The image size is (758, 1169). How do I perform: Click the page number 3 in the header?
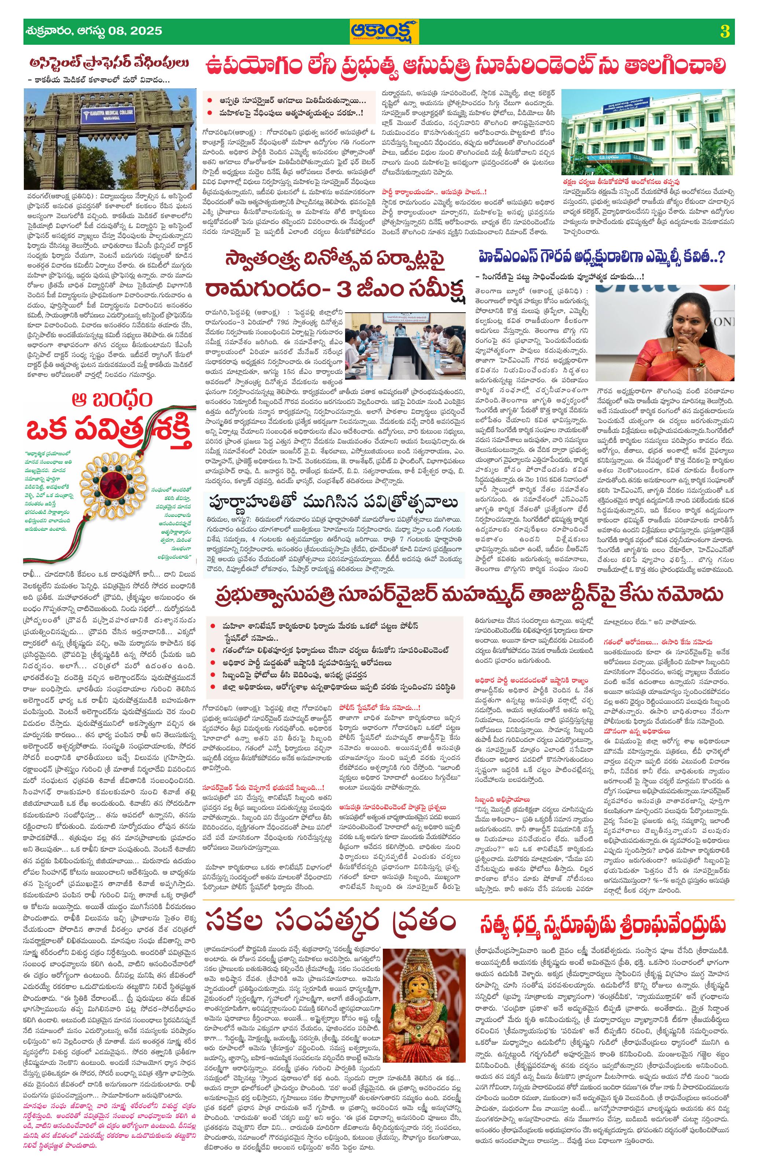724,32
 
